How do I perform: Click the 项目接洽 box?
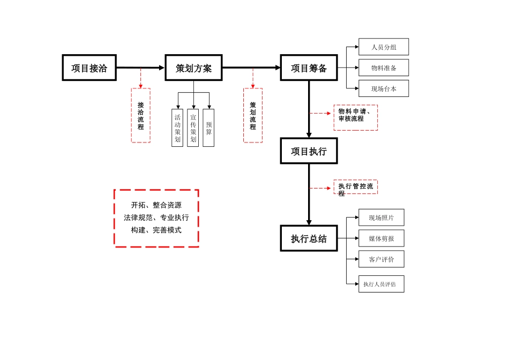tap(89, 68)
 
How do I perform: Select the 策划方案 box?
tap(193, 68)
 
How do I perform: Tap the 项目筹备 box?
tap(309, 68)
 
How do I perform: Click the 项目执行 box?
tap(309, 151)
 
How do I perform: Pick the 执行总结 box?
tap(309, 238)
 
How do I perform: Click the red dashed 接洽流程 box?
tap(141, 116)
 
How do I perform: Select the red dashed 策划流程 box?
tap(253, 116)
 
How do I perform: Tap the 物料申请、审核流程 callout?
tap(355, 117)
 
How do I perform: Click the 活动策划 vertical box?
tap(177, 127)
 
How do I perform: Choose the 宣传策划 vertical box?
tap(193, 127)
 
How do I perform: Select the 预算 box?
tap(208, 127)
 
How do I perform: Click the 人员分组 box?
tap(384, 47)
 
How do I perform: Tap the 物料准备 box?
tap(384, 68)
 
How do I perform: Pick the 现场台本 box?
tap(384, 89)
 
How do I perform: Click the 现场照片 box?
tap(381, 217)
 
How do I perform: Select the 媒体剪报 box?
tap(381, 238)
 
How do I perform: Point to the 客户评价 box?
tap(381, 259)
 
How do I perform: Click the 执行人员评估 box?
tap(381, 284)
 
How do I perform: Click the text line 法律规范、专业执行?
tap(156, 217)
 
